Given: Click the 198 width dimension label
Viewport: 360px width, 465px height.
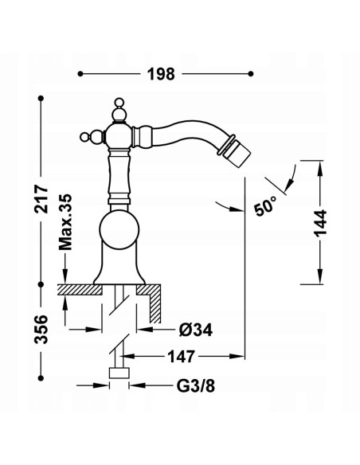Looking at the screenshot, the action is point(162,74).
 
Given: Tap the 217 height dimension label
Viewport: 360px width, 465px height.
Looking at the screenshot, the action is point(41,199).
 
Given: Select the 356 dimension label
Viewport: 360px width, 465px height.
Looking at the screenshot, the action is point(41,330).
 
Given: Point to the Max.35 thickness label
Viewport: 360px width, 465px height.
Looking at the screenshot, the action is point(65,222).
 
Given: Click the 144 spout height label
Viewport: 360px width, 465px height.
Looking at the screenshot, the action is point(320,224).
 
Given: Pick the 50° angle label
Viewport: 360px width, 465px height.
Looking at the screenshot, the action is point(265,205).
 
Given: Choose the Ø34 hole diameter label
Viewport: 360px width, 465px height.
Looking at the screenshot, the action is point(196,330).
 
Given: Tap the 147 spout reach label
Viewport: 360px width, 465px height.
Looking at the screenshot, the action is point(181,356).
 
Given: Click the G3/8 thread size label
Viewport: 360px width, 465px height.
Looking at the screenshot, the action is point(196,386).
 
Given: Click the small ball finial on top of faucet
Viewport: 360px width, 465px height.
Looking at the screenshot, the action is point(119,102).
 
